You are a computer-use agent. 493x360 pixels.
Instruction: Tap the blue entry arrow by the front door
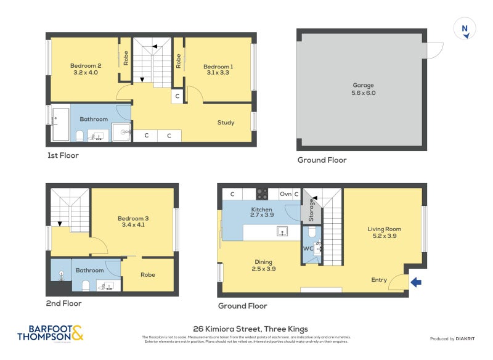click(416, 283)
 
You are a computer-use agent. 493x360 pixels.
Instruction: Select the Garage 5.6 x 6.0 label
click(363, 89)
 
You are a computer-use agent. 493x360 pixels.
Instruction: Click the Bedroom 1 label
click(218, 69)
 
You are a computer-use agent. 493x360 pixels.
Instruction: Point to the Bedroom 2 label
click(85, 69)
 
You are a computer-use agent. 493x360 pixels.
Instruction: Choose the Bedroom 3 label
click(133, 221)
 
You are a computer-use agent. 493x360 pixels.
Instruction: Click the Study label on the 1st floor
click(226, 123)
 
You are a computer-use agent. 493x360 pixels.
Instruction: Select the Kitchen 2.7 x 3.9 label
click(261, 213)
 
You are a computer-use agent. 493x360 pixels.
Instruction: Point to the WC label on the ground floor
click(308, 249)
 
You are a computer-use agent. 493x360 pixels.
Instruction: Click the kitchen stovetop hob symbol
click(261, 194)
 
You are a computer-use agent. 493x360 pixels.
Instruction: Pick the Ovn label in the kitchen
click(285, 194)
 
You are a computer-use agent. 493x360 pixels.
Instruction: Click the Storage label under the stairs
click(311, 210)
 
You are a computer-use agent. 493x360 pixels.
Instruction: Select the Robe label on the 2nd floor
click(148, 275)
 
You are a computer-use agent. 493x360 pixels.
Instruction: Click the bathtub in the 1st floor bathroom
click(60, 124)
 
